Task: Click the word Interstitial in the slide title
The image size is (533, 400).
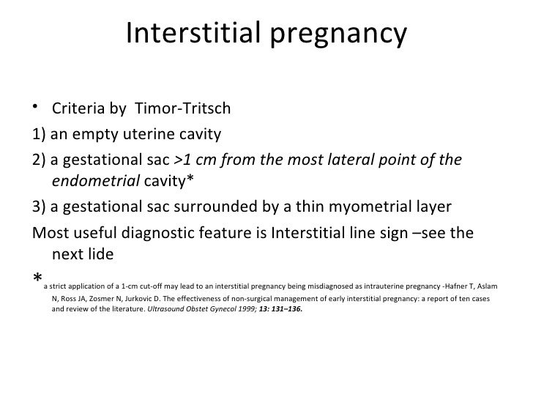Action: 188,33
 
